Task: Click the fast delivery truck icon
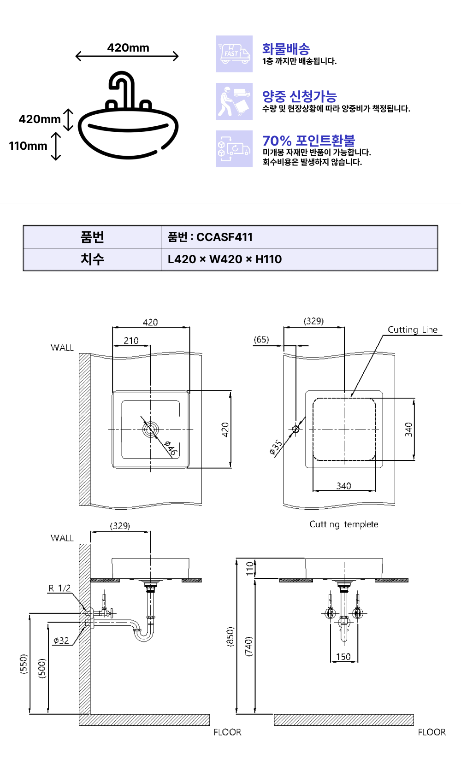click(x=234, y=54)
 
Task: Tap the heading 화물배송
click(x=286, y=49)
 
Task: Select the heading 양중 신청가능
click(x=299, y=96)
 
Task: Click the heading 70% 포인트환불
click(x=308, y=141)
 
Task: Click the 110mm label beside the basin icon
click(x=28, y=146)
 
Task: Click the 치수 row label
click(x=92, y=259)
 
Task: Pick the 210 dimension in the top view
click(x=131, y=341)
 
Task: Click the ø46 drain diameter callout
click(x=171, y=448)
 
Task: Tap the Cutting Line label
click(x=412, y=329)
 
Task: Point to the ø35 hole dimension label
click(x=276, y=447)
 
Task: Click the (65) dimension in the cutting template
click(x=261, y=340)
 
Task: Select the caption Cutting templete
click(x=343, y=524)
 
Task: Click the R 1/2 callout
click(x=59, y=588)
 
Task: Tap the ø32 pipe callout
click(x=61, y=641)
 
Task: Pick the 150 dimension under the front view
click(x=343, y=657)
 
